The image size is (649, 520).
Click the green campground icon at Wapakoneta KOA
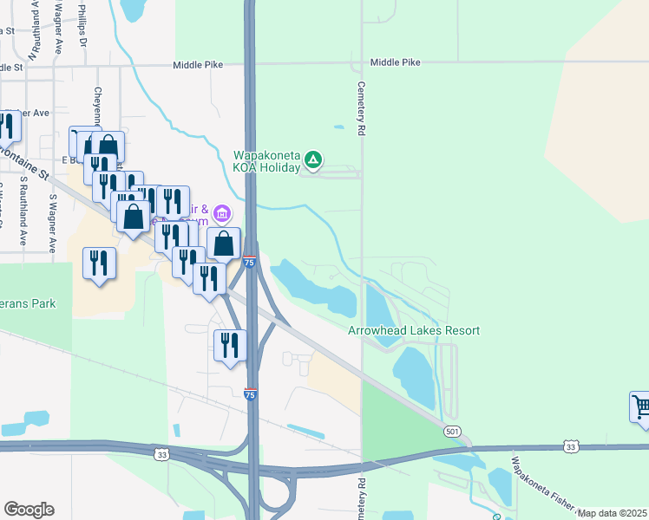[314, 159]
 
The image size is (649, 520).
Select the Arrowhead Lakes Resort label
[414, 330]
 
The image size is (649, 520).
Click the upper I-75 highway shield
[249, 262]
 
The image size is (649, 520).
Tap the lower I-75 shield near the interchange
[250, 394]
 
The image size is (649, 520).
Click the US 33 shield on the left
[161, 452]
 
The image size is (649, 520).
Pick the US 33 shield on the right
[569, 445]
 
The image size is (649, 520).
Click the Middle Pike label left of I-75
[198, 64]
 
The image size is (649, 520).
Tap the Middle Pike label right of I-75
[395, 62]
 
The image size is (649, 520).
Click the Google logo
[29, 510]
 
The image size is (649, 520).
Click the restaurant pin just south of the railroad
[230, 346]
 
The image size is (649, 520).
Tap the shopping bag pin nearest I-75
[224, 244]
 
